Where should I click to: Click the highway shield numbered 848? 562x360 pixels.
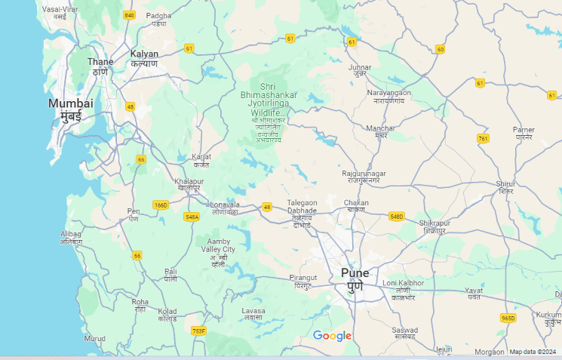click(129, 15)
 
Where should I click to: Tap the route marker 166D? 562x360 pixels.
click(160, 205)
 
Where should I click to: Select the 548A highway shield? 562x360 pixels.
click(192, 217)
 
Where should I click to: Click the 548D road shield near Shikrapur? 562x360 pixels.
click(397, 217)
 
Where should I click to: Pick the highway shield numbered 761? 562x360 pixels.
click(483, 139)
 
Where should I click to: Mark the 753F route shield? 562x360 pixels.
click(198, 331)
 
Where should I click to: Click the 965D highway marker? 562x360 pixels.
click(508, 318)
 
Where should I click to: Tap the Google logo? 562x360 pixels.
click(333, 336)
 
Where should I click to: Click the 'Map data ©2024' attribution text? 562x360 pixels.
click(534, 352)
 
